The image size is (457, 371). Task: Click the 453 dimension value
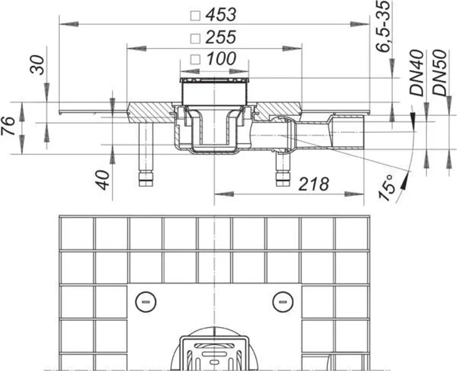tap(221, 15)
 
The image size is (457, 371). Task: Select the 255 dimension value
tap(221, 37)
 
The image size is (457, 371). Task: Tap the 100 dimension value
tap(221, 58)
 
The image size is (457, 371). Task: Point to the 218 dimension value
tap(314, 184)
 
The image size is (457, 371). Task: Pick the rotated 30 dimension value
tap(37, 65)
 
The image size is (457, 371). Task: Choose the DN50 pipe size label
tap(440, 73)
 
